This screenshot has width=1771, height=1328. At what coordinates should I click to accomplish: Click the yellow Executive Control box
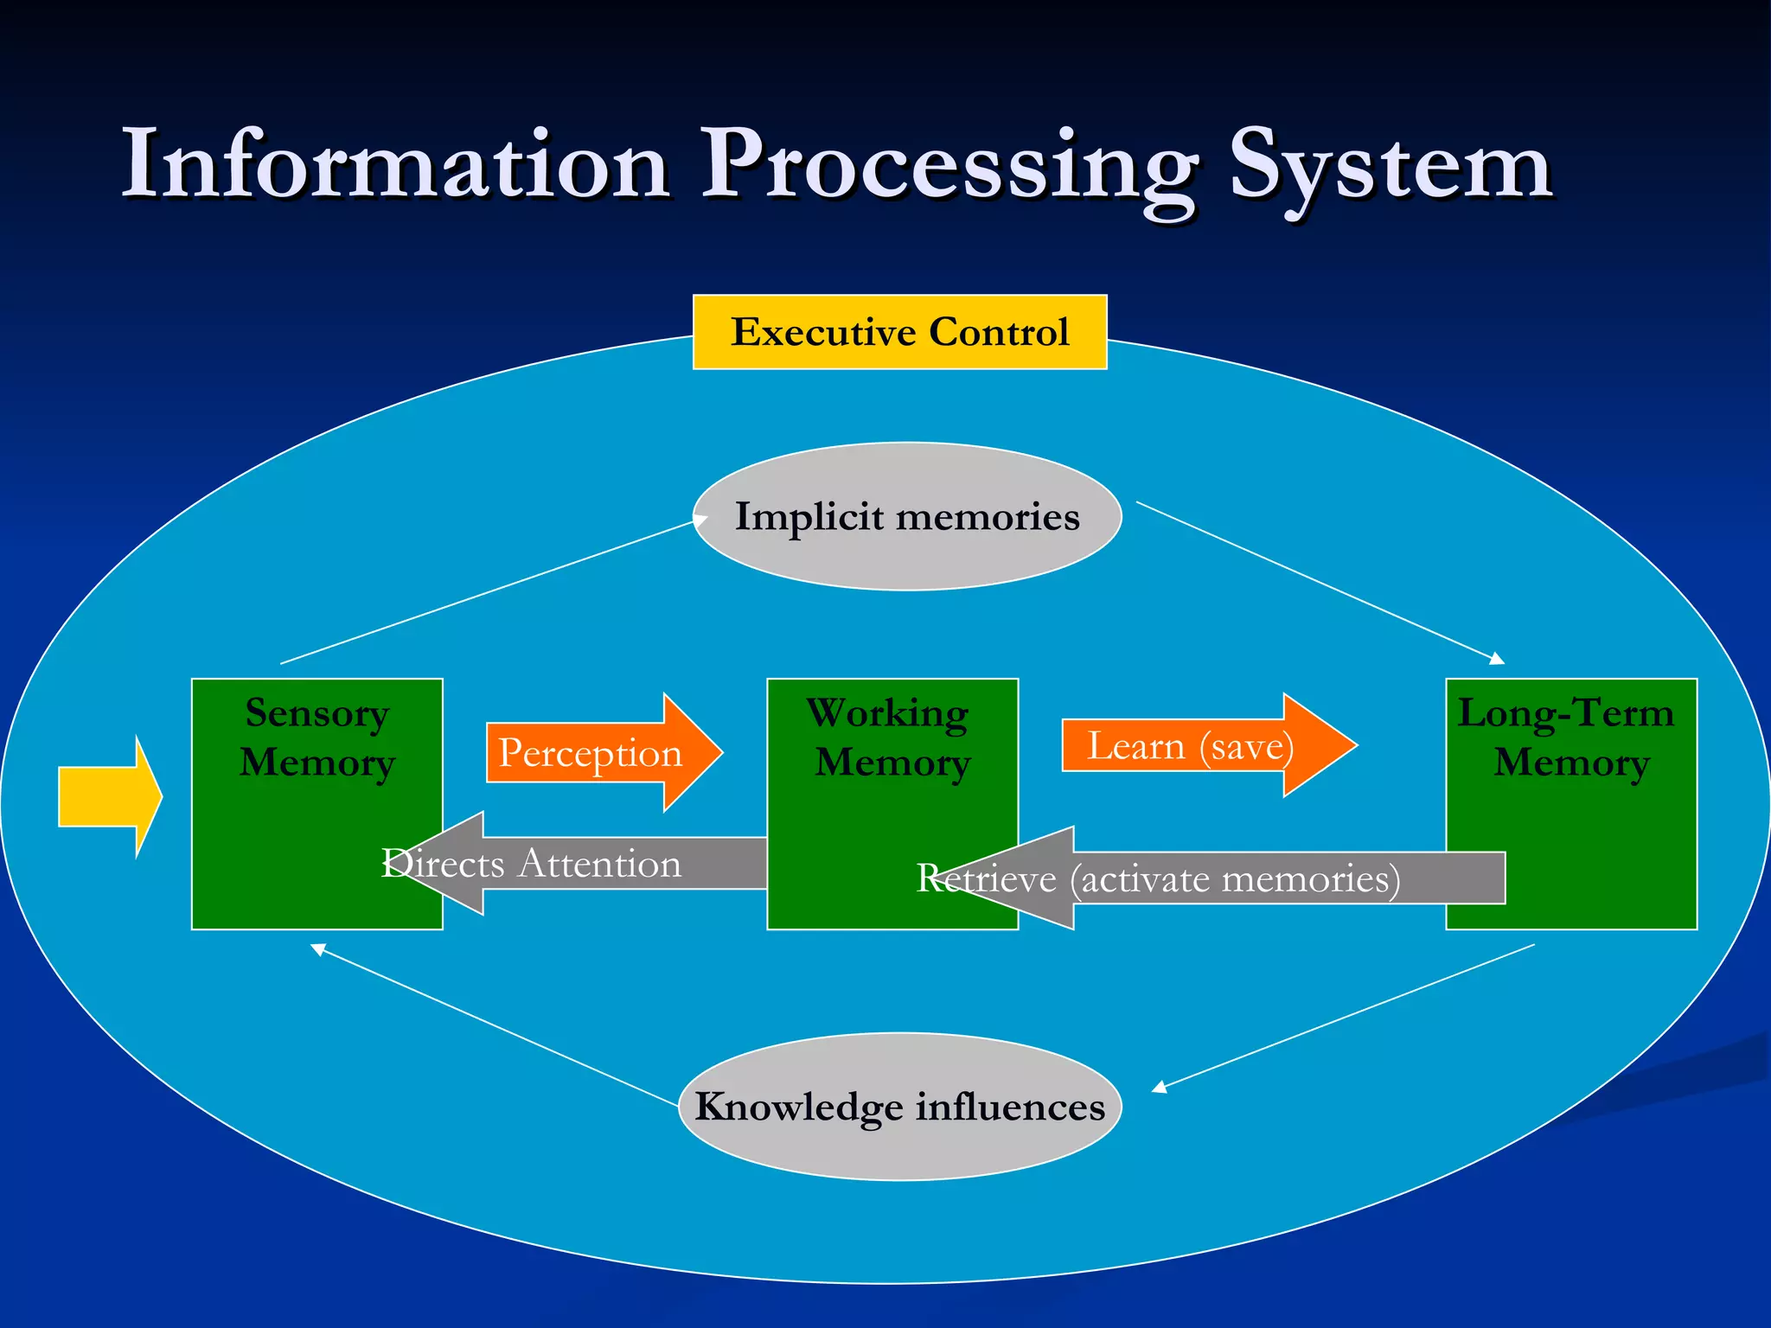[899, 332]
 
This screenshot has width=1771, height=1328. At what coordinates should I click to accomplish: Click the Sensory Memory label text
[317, 737]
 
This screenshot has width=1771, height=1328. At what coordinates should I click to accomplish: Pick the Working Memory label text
[891, 737]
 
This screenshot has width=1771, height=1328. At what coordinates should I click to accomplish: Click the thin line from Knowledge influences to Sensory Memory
[493, 1026]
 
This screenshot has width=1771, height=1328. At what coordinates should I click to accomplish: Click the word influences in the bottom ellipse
[1010, 1107]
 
